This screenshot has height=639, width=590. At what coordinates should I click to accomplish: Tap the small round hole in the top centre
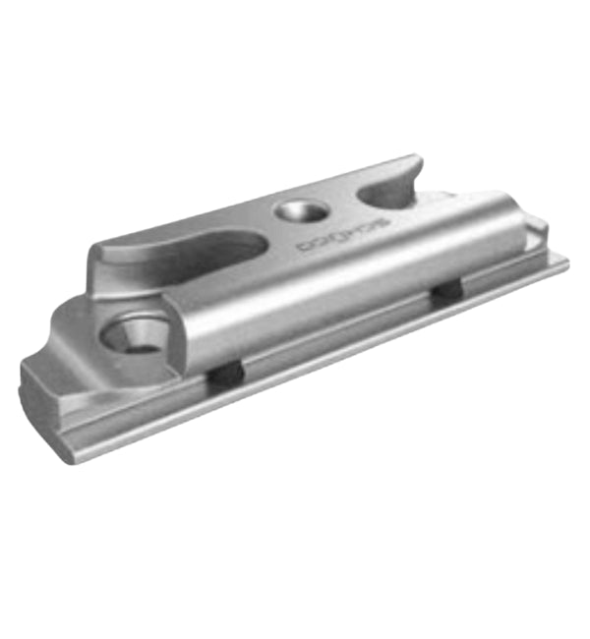point(295,210)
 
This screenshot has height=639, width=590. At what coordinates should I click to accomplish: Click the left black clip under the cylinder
point(225,374)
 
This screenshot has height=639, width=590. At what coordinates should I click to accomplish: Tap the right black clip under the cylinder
point(447,291)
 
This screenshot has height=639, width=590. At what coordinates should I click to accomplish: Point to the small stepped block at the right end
point(537,231)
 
